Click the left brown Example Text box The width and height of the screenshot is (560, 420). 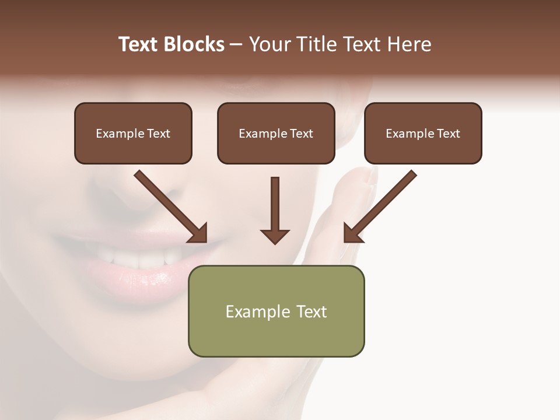pyautogui.click(x=133, y=134)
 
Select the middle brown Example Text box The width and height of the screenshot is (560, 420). pyautogui.click(x=276, y=134)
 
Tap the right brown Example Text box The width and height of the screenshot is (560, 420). pyautogui.click(x=423, y=134)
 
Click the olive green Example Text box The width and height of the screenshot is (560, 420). pyautogui.click(x=276, y=311)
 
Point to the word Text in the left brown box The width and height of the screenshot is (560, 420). pyautogui.click(x=159, y=134)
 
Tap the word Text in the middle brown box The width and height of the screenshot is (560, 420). pyautogui.click(x=302, y=134)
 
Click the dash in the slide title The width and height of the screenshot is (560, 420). pyautogui.click(x=236, y=44)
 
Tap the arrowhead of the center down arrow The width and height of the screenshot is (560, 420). pyautogui.click(x=275, y=236)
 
